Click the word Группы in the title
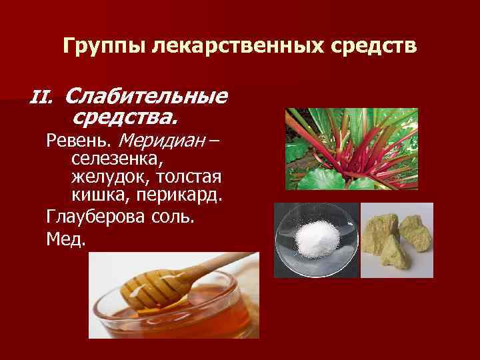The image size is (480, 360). [x=104, y=46]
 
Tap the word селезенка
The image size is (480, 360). [x=118, y=160]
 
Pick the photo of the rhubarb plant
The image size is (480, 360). [x=351, y=149]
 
